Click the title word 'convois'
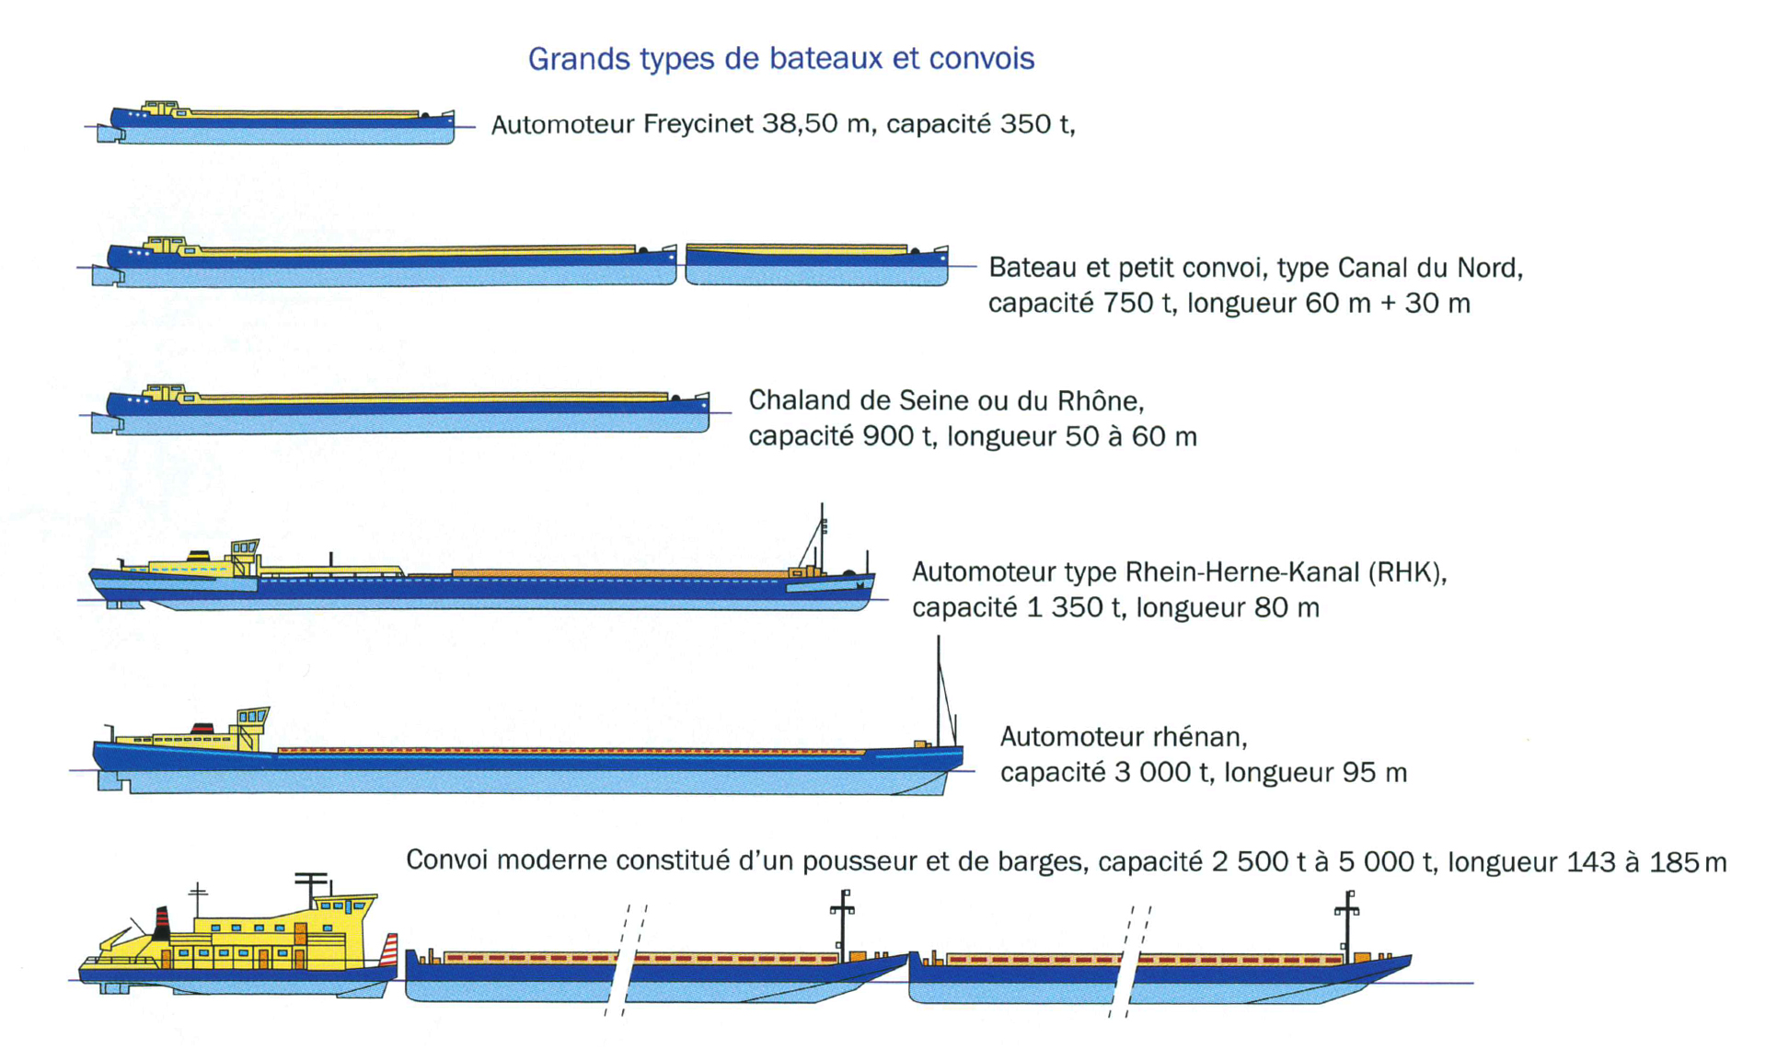[982, 59]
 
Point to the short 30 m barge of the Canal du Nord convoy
[817, 265]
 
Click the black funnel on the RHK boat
[199, 555]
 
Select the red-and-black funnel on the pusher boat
[162, 923]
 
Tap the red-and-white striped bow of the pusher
[389, 949]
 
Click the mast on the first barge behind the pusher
[842, 925]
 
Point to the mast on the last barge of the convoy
[1347, 926]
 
